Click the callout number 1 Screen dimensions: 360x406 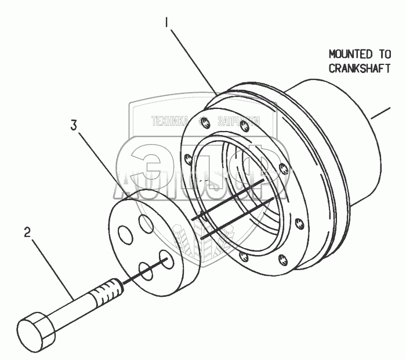click(x=166, y=23)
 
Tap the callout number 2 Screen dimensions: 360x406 click(x=27, y=233)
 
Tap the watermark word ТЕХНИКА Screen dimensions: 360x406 click(x=170, y=122)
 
